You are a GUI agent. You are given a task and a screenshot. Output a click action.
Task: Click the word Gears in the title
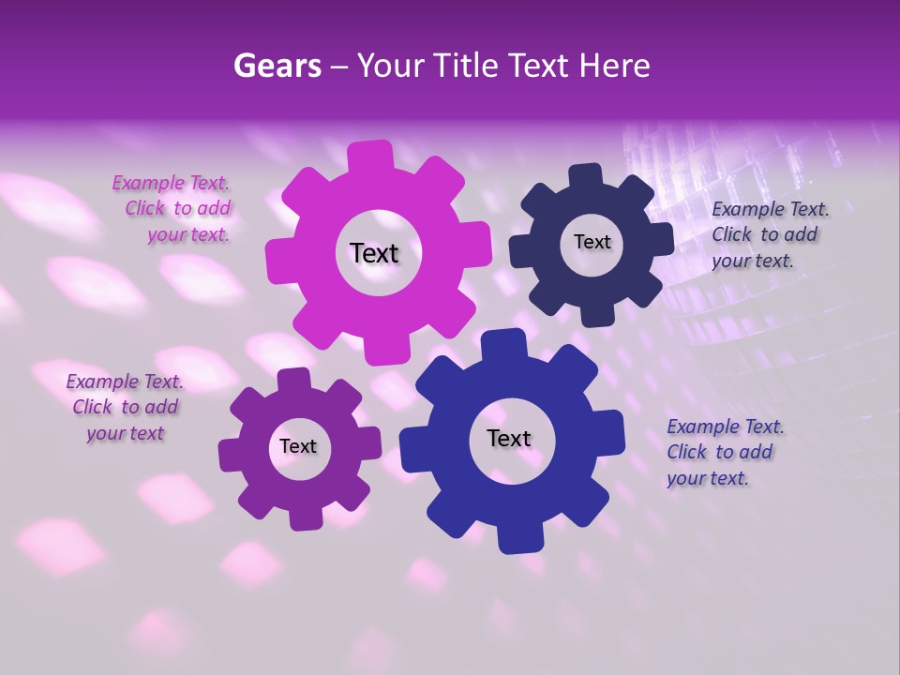277,66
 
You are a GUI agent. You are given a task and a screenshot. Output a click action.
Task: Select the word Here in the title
615,66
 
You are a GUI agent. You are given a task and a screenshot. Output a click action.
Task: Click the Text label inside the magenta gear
374,253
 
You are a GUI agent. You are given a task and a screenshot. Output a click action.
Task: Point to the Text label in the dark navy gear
592,242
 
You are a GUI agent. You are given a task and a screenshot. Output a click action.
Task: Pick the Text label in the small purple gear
298,446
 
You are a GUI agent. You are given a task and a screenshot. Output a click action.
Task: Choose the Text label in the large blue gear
509,438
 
